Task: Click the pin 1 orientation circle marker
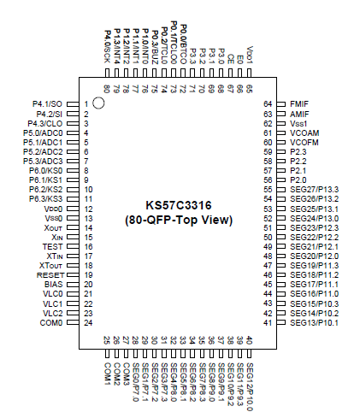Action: [98, 103]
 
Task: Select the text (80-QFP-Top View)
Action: [180, 220]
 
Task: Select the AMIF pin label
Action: [300, 113]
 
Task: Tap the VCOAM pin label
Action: [305, 132]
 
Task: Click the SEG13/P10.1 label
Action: [314, 322]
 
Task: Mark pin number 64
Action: [268, 103]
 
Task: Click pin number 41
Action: [268, 322]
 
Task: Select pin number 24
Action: [87, 322]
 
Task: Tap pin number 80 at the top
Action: [106, 87]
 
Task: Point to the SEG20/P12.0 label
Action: [314, 256]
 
